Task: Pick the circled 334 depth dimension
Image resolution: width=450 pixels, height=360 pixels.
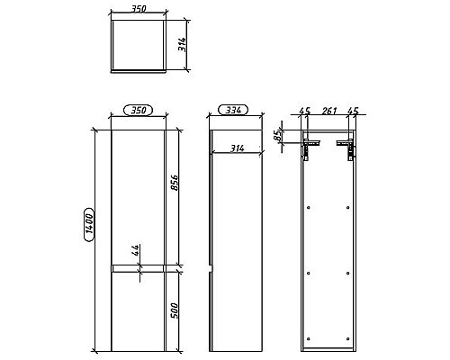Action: point(232,111)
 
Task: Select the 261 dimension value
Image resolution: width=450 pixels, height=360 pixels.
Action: point(328,112)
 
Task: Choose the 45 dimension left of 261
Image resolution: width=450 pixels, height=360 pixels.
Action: point(304,112)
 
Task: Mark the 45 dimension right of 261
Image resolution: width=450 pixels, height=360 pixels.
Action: point(353,112)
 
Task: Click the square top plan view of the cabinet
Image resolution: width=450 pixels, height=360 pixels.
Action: point(138,46)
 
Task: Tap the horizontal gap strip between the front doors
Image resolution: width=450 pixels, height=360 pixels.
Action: point(138,267)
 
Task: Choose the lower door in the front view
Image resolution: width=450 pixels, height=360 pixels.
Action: point(138,311)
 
